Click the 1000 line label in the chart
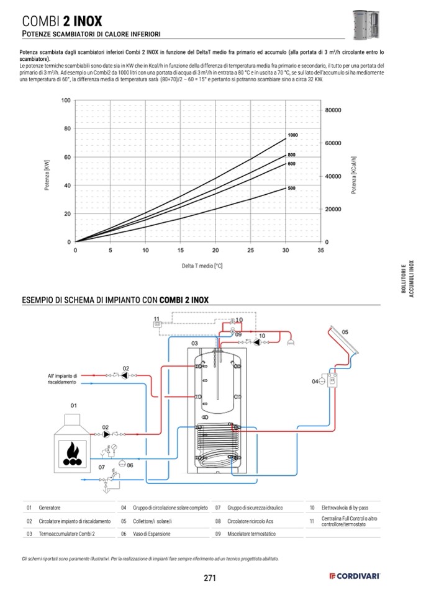tap(292, 135)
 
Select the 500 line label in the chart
tap(291, 188)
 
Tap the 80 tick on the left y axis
tap(66, 129)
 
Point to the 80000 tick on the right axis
tap(334, 110)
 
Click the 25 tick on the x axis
tap(250, 251)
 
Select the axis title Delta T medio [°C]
tap(202, 266)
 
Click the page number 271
tap(210, 578)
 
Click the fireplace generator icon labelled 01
tap(73, 443)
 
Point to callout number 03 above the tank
tap(194, 343)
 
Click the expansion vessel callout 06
tap(130, 465)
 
